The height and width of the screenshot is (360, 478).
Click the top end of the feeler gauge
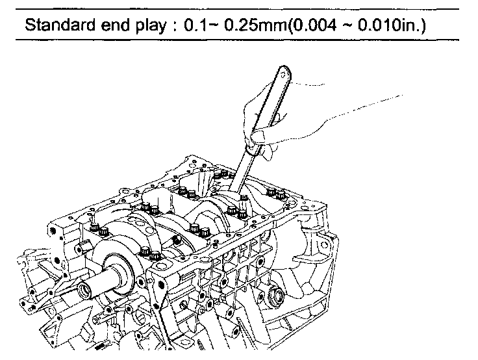pos(283,72)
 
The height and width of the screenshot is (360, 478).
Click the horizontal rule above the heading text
pos(239,10)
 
